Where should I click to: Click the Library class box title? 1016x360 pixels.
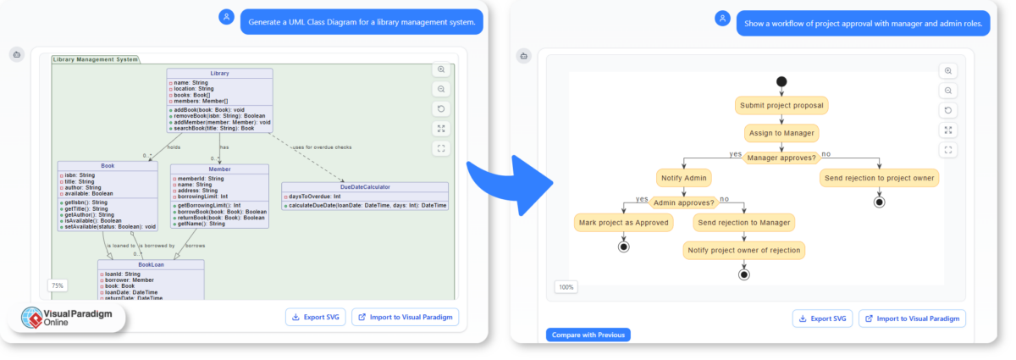[x=219, y=74]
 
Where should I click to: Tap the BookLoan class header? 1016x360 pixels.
[x=151, y=264]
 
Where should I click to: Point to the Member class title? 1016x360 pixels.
[x=219, y=169]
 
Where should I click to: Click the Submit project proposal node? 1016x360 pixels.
[x=781, y=105]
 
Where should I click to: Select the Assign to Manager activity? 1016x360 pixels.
[x=781, y=133]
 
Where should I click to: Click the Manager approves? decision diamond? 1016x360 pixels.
[x=781, y=158]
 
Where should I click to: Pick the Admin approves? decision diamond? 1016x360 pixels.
[x=683, y=202]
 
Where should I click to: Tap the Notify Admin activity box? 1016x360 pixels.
[x=683, y=178]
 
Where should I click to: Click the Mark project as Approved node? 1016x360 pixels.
[x=624, y=223]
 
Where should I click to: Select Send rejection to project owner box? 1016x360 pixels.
[x=879, y=178]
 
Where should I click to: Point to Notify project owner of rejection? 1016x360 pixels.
[x=743, y=250]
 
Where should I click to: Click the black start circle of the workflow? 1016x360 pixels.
[x=781, y=81]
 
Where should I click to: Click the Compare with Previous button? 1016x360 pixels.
[x=588, y=335]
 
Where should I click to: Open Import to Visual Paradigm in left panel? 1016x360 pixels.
[x=405, y=318]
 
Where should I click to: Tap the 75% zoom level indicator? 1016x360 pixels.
[x=58, y=285]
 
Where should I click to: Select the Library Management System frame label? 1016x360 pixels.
[x=94, y=59]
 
